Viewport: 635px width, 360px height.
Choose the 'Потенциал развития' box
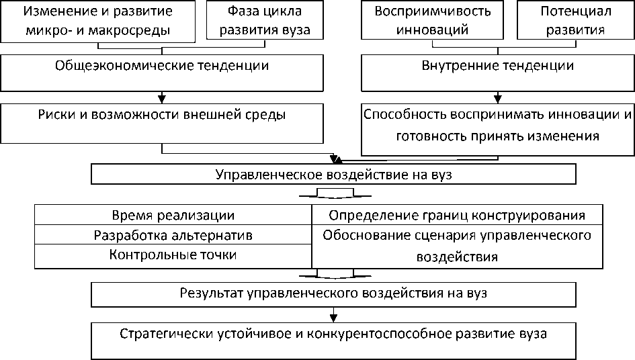(573, 21)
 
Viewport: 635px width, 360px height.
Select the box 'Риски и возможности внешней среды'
(161, 123)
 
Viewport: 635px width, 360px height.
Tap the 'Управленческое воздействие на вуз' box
(333, 174)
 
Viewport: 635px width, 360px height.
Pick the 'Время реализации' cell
(173, 216)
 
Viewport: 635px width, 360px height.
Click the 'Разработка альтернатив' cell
(173, 235)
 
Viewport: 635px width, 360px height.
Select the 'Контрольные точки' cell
(173, 256)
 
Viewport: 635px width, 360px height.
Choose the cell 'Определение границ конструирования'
(457, 216)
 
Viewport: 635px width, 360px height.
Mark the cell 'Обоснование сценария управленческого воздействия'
(457, 246)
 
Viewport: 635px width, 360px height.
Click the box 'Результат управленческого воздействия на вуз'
(333, 294)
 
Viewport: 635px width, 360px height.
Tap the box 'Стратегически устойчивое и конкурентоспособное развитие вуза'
(333, 341)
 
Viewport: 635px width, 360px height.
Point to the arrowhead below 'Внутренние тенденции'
(497, 98)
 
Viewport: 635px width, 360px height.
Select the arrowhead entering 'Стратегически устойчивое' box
(333, 318)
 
